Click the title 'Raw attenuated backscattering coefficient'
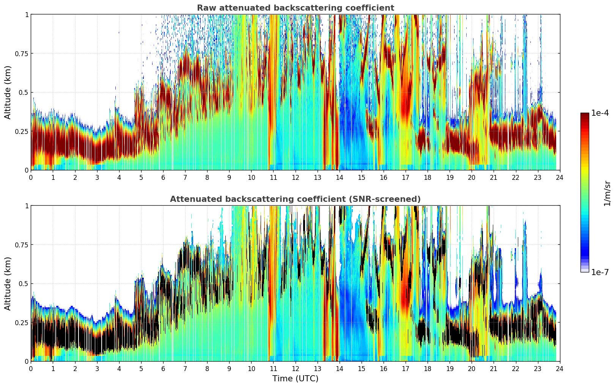(295, 8)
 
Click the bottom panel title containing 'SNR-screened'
(295, 199)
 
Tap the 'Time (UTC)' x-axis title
(295, 378)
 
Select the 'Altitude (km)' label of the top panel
(8, 92)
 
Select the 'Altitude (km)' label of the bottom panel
(8, 283)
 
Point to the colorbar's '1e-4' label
(600, 113)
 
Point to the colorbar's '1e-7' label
(600, 272)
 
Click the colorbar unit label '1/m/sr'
(607, 193)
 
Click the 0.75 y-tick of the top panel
(22, 53)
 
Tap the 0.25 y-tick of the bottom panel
(22, 322)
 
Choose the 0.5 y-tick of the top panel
(24, 93)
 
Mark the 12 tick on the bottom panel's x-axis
(295, 369)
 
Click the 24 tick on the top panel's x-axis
(560, 178)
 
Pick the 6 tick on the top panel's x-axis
(163, 178)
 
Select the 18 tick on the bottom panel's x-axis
(428, 369)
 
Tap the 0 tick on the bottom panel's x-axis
(31, 369)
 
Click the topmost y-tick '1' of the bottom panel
(27, 206)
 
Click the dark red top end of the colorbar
(585, 115)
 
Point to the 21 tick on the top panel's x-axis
(494, 178)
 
